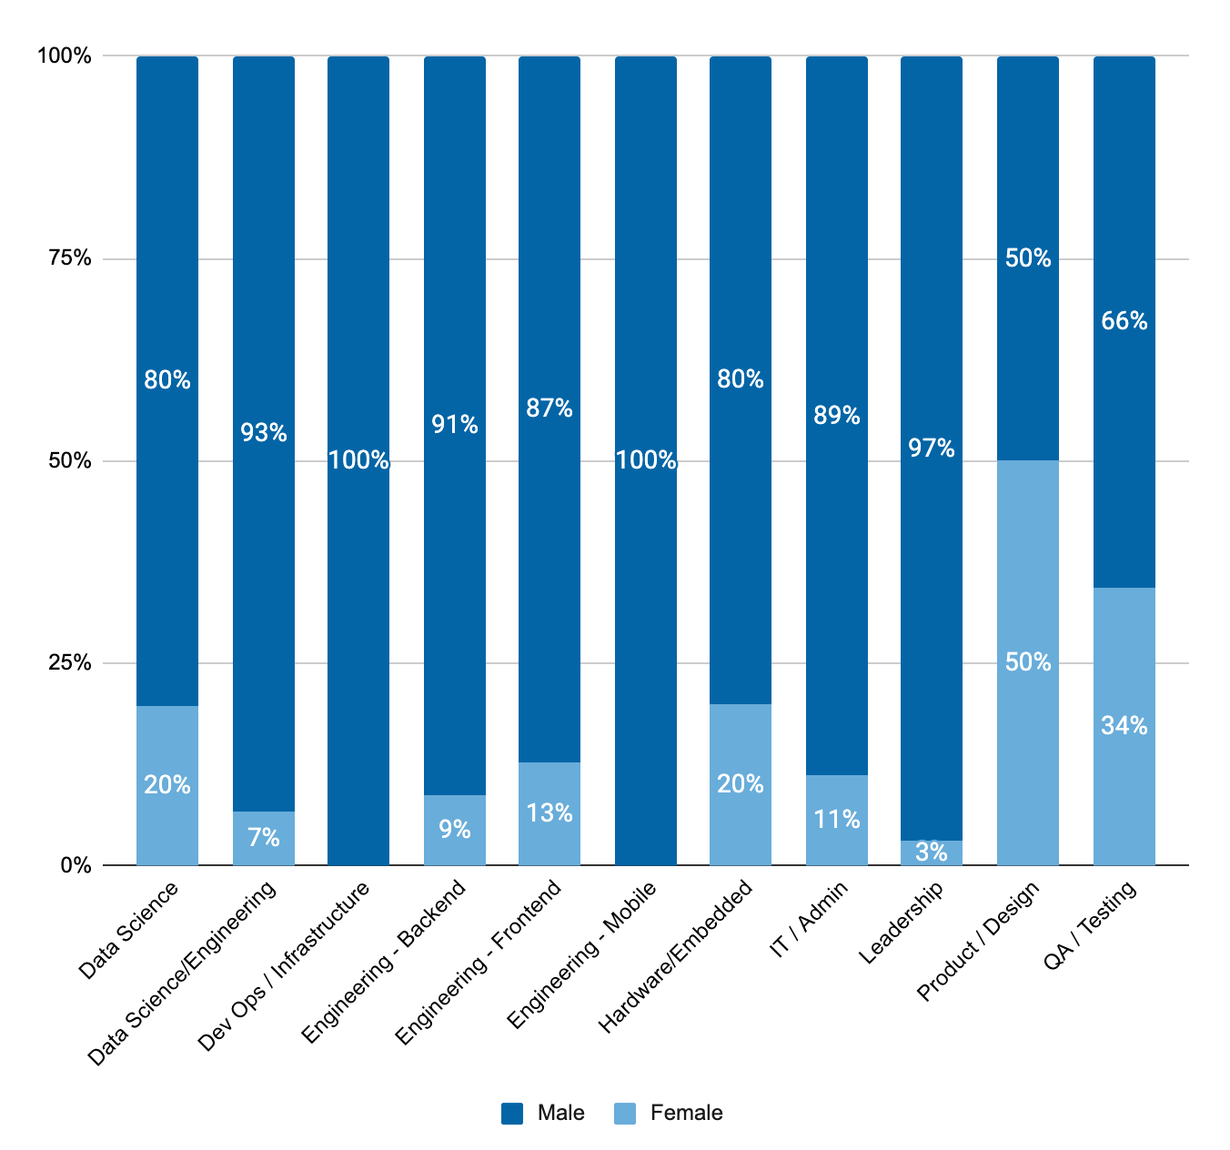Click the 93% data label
264,433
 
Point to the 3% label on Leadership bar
932,852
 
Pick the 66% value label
1124,321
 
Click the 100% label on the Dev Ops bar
358,460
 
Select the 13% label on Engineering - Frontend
549,812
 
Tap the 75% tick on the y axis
71,258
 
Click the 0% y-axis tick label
76,865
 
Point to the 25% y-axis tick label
71,663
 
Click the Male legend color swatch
512,1113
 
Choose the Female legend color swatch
625,1113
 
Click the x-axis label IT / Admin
809,919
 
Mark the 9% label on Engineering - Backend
455,830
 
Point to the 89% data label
837,416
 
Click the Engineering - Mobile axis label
581,954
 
